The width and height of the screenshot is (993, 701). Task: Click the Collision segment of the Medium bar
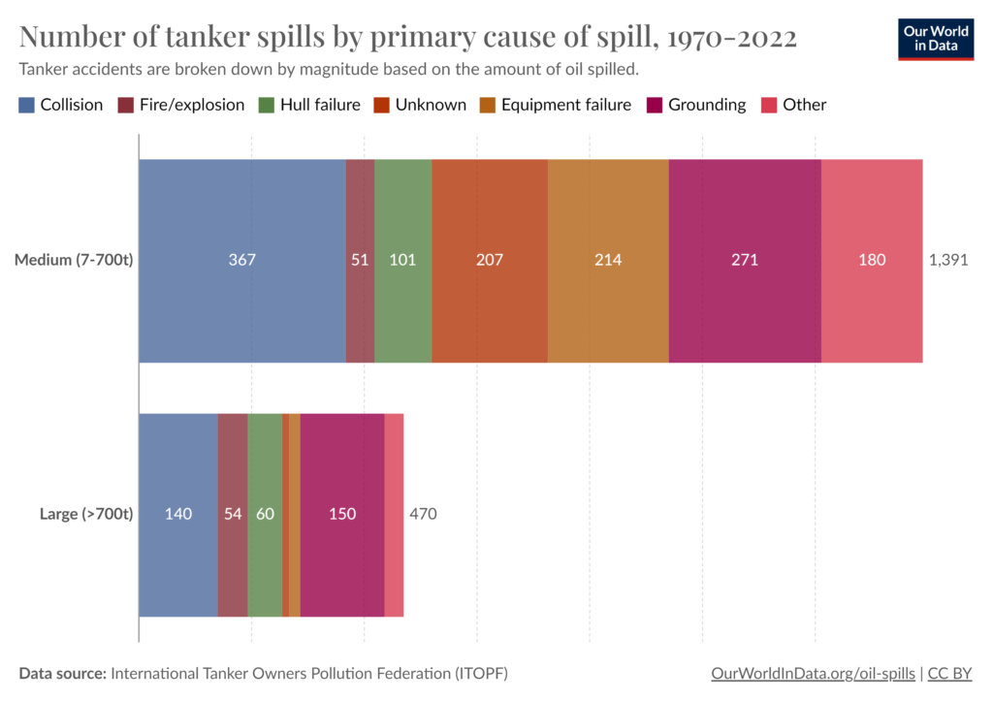point(242,260)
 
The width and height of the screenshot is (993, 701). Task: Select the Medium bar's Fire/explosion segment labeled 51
point(360,260)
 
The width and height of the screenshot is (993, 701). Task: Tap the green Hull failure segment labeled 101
point(402,260)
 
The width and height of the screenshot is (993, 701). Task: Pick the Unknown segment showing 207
point(490,260)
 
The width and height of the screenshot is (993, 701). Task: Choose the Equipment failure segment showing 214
point(608,260)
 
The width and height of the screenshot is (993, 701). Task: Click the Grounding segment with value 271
point(745,260)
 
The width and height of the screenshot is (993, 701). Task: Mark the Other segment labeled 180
point(872,260)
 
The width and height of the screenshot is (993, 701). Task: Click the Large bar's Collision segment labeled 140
point(178,514)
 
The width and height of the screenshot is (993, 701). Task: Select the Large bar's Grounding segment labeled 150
point(342,514)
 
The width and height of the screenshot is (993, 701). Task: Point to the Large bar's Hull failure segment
point(265,514)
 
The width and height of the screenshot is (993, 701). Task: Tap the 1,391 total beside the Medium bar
point(949,260)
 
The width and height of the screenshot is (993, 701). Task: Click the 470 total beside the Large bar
point(423,514)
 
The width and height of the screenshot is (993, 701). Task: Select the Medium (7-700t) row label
point(73,260)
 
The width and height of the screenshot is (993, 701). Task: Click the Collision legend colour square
point(27,105)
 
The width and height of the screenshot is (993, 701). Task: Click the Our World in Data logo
point(936,40)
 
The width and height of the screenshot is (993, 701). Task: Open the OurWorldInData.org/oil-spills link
point(812,673)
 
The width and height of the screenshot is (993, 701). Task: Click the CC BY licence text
point(950,673)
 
